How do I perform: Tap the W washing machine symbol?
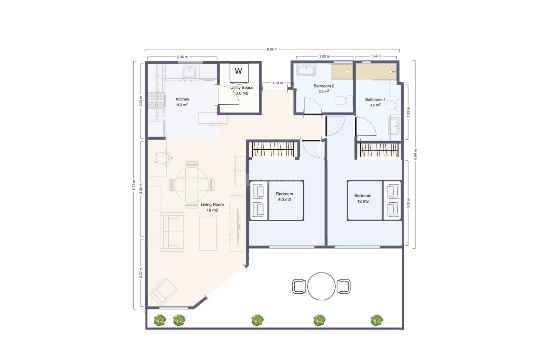tap(239, 71)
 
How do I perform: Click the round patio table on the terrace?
tap(321, 287)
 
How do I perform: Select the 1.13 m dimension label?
tap(278, 83)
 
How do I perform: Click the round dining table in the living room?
tap(192, 184)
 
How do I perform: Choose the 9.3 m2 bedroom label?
tap(284, 196)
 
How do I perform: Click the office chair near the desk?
tap(163, 158)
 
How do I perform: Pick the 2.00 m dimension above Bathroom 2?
tap(324, 56)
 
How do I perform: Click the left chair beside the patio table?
tap(299, 287)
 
